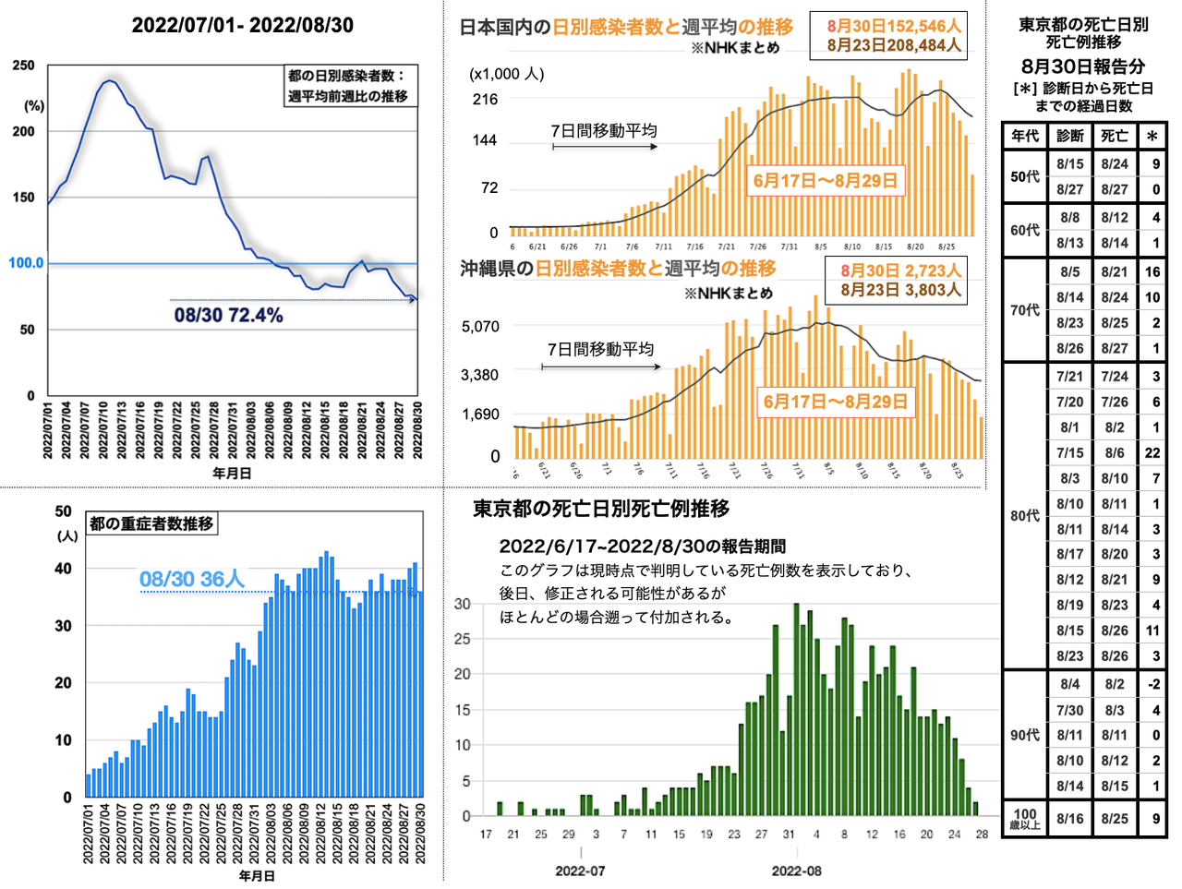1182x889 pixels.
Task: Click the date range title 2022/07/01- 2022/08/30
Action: click(242, 26)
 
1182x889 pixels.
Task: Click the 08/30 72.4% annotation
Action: click(228, 316)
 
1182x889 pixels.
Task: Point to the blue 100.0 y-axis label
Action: click(26, 263)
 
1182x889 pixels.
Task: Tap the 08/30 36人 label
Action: click(192, 580)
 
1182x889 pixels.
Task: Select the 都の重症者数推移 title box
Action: click(151, 524)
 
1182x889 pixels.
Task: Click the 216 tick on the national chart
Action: click(485, 100)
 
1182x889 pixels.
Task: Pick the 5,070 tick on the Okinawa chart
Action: click(480, 327)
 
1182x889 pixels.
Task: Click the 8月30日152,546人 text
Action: click(893, 27)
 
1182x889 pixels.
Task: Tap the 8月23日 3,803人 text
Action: click(900, 290)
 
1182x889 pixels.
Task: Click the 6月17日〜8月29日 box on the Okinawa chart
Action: click(835, 402)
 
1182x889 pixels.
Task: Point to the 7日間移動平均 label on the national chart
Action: click(604, 131)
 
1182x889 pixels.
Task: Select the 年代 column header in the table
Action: click(1025, 136)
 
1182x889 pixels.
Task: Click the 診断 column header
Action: click(1070, 136)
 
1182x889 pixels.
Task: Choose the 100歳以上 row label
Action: click(1025, 819)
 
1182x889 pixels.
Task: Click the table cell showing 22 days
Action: click(1152, 453)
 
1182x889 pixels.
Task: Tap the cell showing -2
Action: click(1153, 684)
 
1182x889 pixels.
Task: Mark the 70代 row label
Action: click(1025, 310)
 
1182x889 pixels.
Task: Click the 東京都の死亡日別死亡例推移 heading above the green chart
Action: click(601, 509)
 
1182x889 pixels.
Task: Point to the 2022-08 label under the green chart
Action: click(796, 871)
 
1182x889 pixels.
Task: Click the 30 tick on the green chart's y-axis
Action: click(463, 604)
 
